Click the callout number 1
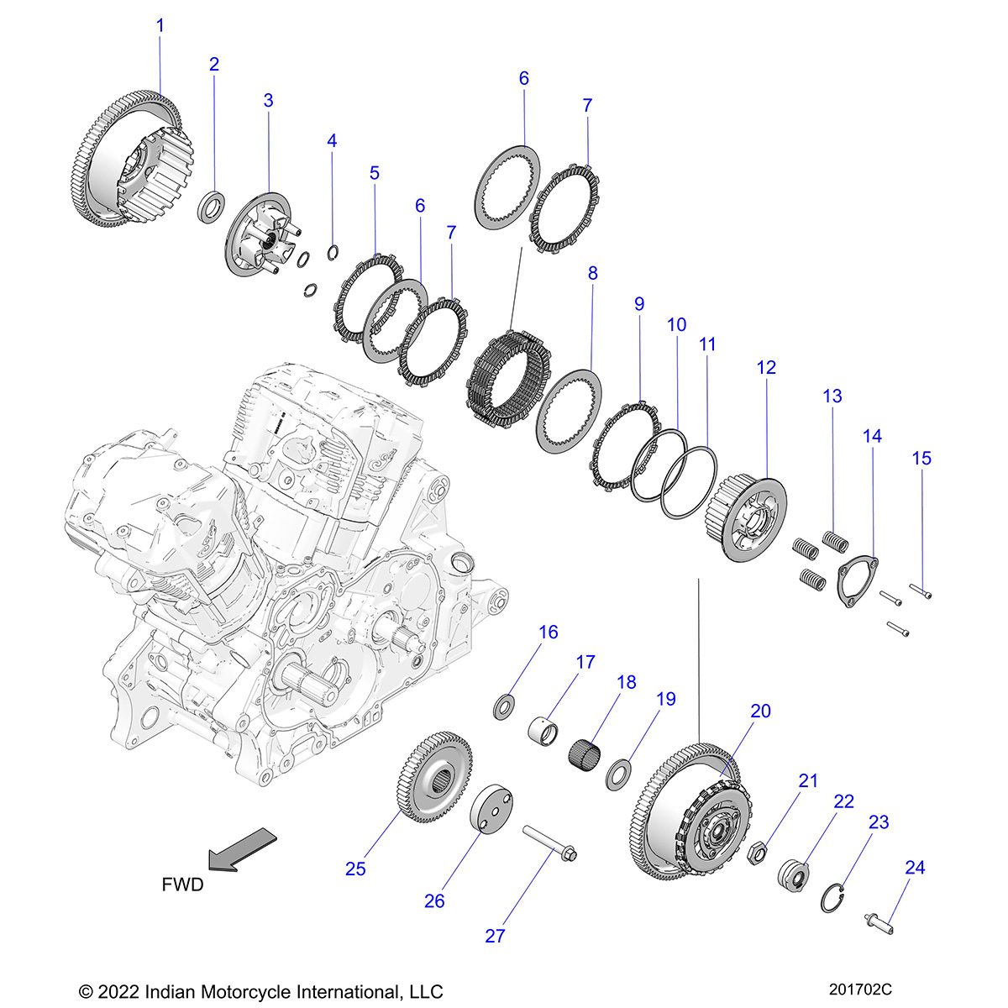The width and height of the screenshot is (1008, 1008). pos(160,26)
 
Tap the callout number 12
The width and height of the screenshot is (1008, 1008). pos(766,367)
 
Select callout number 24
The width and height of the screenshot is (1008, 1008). pos(914,867)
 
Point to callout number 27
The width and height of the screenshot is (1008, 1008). pos(495,935)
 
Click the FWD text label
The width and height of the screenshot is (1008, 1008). pos(182,885)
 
